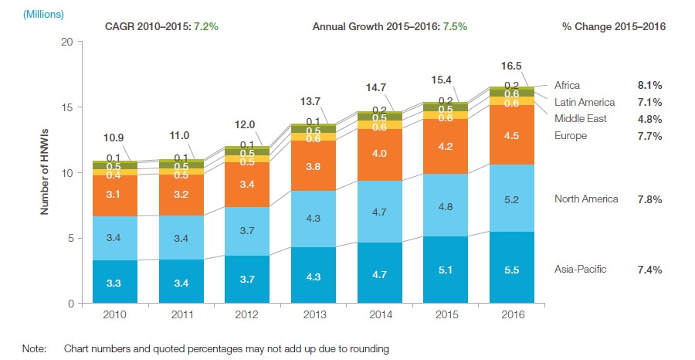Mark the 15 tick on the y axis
pyautogui.click(x=67, y=107)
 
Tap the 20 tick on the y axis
pyautogui.click(x=67, y=42)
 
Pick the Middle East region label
pyautogui.click(x=580, y=119)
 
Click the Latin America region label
pyautogui.click(x=585, y=102)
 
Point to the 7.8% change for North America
pyautogui.click(x=648, y=199)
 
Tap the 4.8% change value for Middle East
pyautogui.click(x=648, y=119)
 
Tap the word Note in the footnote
pyautogui.click(x=35, y=349)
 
